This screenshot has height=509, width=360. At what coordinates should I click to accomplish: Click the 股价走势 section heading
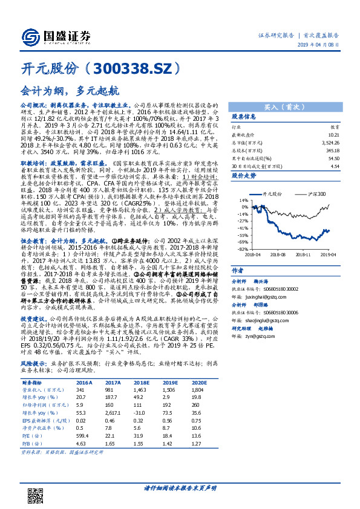[x=244, y=175]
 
